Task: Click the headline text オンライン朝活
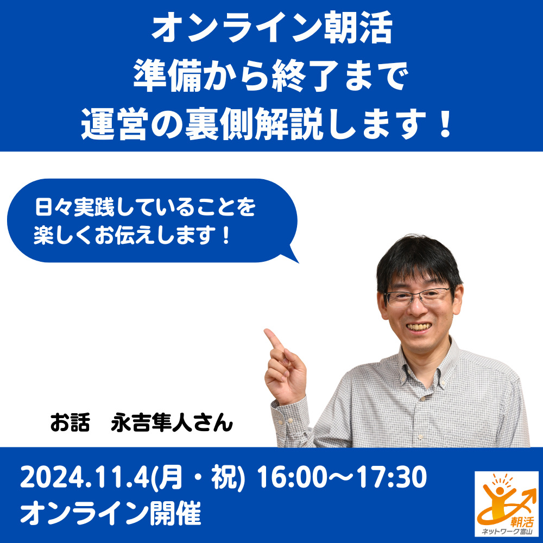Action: click(x=272, y=27)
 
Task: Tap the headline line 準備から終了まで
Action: click(x=271, y=75)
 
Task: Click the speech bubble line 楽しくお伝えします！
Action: click(x=132, y=236)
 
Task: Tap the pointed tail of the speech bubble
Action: click(x=294, y=258)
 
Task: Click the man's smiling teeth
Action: click(x=419, y=326)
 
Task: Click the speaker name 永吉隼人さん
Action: click(x=172, y=422)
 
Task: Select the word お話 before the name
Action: click(x=70, y=422)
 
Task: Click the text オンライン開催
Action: click(x=111, y=514)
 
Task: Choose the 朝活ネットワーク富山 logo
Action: click(x=506, y=504)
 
